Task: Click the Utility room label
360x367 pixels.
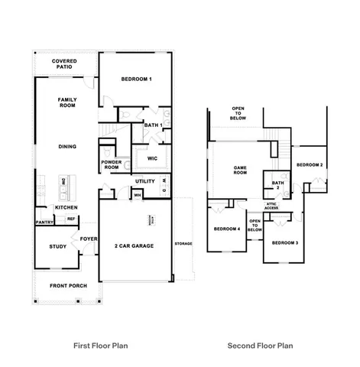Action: tap(144, 182)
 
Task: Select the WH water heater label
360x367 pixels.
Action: tap(138, 195)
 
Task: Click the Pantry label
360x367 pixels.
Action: tap(43, 222)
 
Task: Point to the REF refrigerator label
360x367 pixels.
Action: tap(70, 219)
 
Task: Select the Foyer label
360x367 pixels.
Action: tap(89, 237)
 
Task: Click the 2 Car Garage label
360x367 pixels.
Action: tap(135, 246)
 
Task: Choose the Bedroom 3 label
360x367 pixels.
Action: tap(284, 242)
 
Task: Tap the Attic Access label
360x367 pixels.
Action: tap(271, 206)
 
